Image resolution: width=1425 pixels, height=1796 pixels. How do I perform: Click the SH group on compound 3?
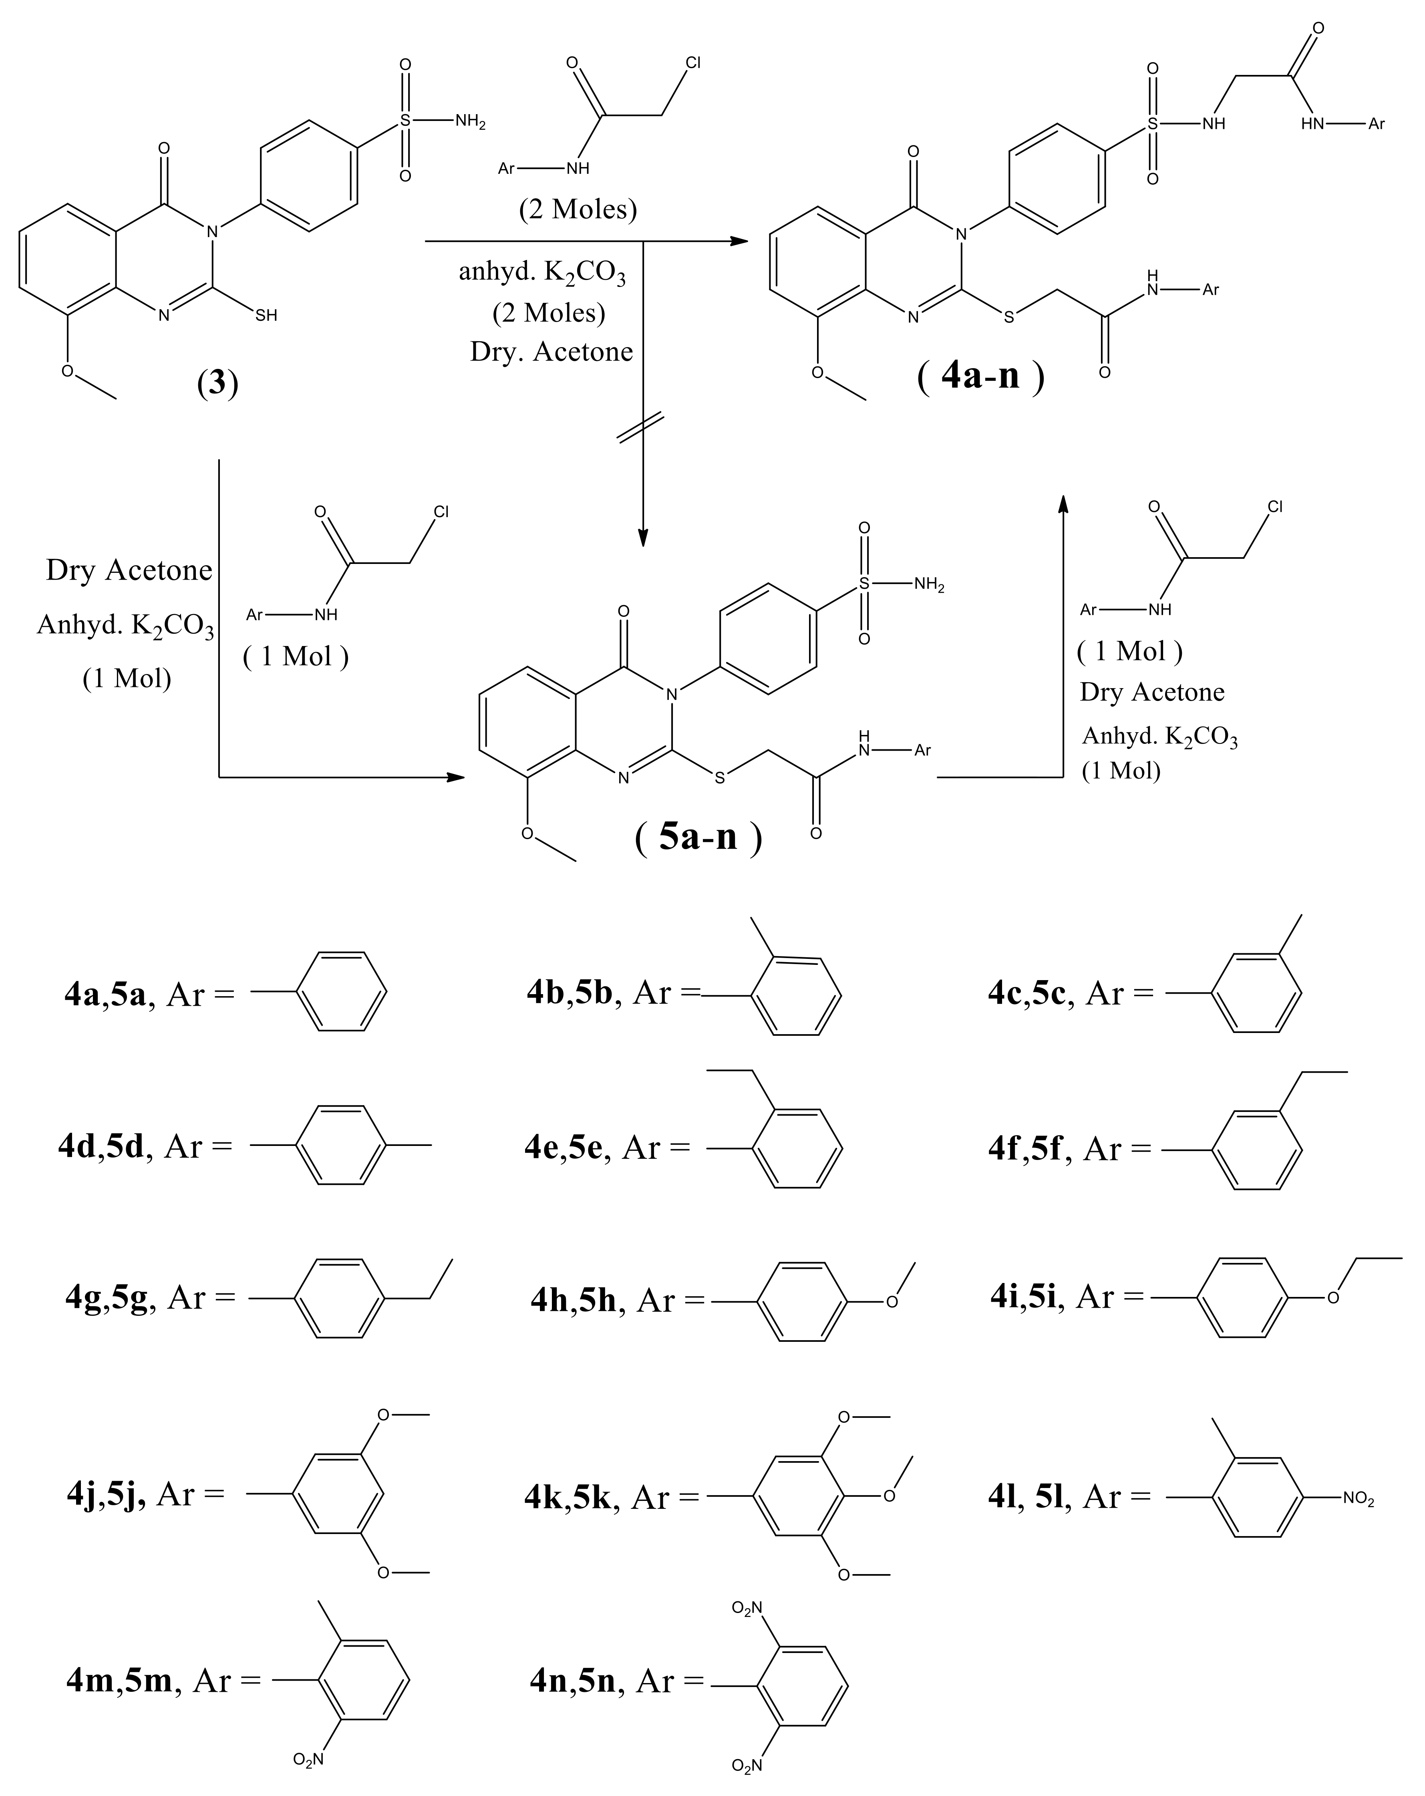[x=266, y=316]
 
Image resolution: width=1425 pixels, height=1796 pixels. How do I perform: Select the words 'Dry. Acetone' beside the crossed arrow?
[x=551, y=352]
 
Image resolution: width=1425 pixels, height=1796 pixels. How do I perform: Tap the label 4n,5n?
[x=573, y=1680]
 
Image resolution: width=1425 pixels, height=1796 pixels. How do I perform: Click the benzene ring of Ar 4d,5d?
[x=342, y=1146]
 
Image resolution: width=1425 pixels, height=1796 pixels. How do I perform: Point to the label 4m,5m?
[x=119, y=1680]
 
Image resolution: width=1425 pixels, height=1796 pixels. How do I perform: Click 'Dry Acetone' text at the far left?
[x=129, y=571]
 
